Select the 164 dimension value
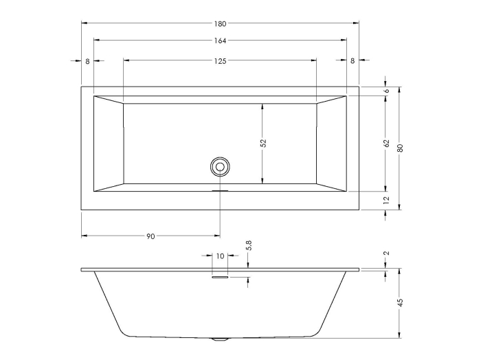coord(220,41)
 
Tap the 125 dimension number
coord(220,61)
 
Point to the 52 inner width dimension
coord(262,144)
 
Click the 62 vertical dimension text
coord(386,144)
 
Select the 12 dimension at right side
coord(386,200)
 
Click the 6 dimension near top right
coord(386,91)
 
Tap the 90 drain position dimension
coord(150,236)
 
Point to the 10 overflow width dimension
coord(220,256)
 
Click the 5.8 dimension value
coord(248,246)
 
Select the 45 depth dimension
coord(400,302)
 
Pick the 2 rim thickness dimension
coord(386,254)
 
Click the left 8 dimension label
coord(87,61)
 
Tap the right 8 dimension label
coord(353,61)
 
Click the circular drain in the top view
coord(220,166)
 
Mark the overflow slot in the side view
coord(220,278)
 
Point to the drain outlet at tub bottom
coord(220,339)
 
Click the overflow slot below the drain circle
coord(220,191)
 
